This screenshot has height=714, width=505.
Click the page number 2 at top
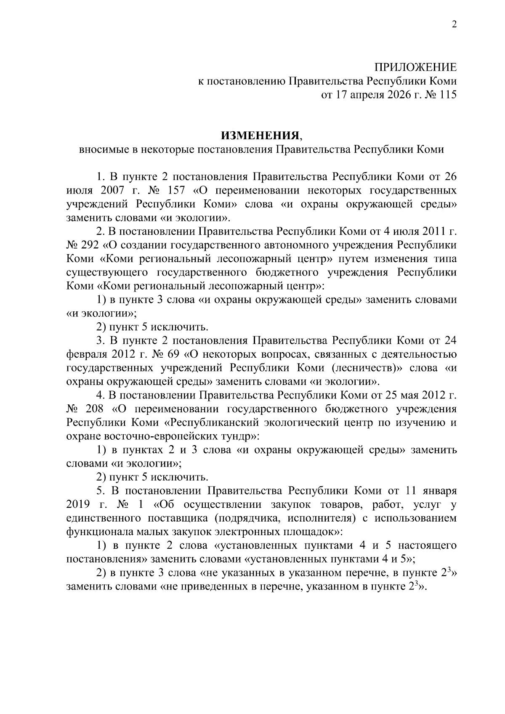click(454, 24)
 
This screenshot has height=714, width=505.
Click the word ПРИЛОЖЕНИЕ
click(415, 67)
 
